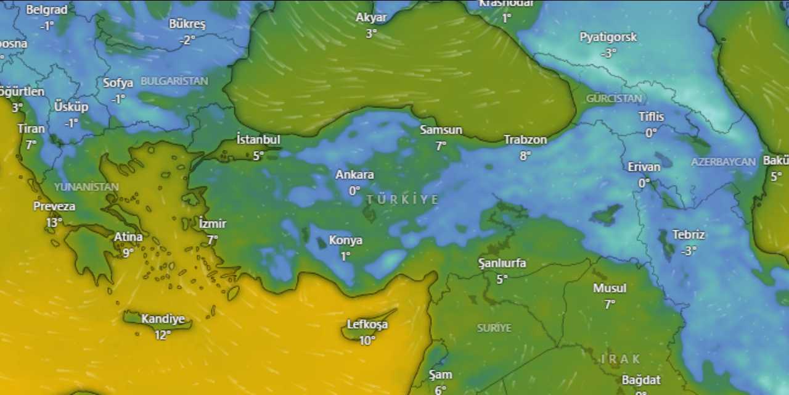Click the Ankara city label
pos(354,175)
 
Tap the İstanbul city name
pos(258,139)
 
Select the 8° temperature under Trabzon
pos(525,156)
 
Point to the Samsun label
pos(441,130)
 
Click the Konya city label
pos(346,240)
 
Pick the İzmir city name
pos(213,224)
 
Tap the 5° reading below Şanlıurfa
pos(502,279)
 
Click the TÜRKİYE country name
pos(403,199)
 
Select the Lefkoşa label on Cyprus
pos(367,325)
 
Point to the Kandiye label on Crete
pos(163,319)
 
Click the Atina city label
pos(128,237)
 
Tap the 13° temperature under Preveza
pos(54,222)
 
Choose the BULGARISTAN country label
pos(174,81)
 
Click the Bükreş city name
pos(187,25)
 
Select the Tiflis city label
pos(652,117)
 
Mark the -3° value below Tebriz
pos(689,251)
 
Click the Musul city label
pos(610,288)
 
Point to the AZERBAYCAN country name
pos(723,162)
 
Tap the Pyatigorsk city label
pos(608,37)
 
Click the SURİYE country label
pos(494,328)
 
